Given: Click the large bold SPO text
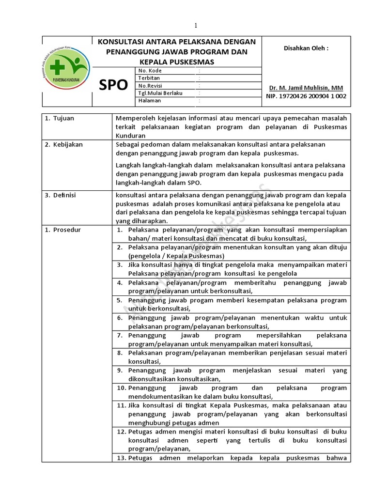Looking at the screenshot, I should click(x=113, y=86).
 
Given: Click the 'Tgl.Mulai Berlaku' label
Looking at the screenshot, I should click(x=160, y=93).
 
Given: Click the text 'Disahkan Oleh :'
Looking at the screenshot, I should click(x=306, y=48).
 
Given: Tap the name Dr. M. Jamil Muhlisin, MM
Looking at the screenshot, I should click(x=306, y=88).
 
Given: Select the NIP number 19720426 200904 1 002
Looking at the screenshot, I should click(x=306, y=96).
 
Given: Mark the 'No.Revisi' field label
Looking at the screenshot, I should click(x=150, y=85).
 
